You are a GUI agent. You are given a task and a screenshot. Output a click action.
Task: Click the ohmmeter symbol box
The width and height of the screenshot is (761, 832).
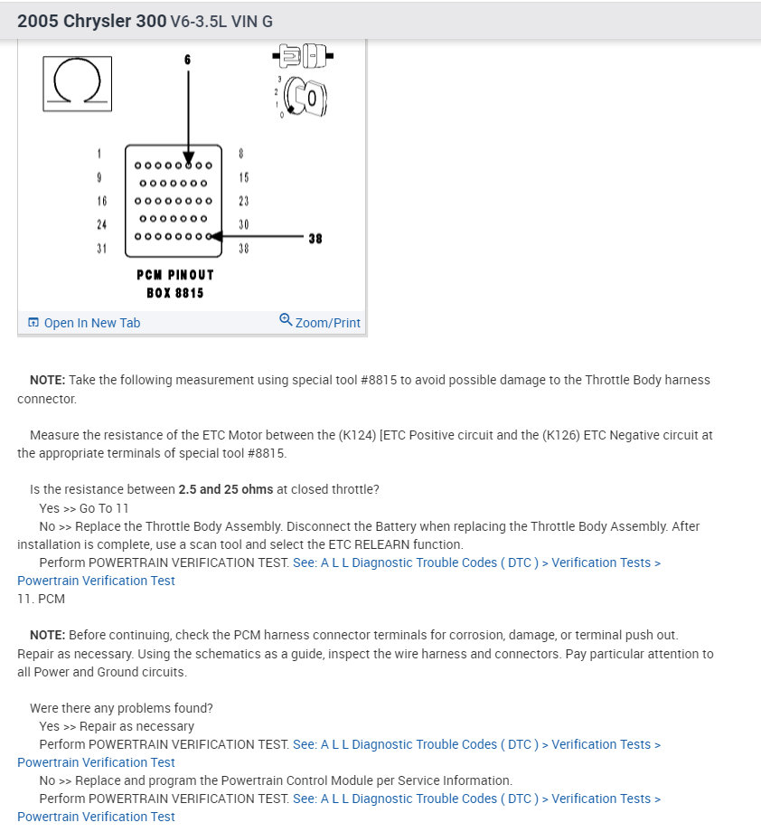[77, 84]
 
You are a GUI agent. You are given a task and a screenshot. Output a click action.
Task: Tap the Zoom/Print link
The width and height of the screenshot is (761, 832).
[320, 322]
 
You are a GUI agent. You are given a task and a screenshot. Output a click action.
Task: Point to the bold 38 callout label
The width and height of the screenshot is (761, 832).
[315, 239]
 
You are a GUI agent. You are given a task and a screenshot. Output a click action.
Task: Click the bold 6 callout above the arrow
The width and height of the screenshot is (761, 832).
[188, 60]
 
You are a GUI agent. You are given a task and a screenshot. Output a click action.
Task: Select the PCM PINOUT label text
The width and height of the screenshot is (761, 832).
[175, 275]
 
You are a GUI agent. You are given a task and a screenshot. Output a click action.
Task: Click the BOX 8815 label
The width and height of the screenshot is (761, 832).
[175, 293]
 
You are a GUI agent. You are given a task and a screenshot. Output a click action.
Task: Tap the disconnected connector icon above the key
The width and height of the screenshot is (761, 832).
[303, 55]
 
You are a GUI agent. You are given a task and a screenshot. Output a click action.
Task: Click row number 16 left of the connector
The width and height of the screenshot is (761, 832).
[101, 201]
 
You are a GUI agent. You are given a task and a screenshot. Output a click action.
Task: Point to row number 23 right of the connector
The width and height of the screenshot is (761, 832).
[243, 201]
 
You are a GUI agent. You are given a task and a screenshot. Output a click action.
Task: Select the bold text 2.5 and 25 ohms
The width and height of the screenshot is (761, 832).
[226, 489]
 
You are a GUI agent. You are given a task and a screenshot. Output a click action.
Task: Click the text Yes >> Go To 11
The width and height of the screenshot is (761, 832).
[84, 508]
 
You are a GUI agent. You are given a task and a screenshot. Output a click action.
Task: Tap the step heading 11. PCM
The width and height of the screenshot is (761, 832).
[42, 599]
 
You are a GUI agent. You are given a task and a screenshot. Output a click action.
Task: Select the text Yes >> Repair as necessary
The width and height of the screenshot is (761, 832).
[117, 726]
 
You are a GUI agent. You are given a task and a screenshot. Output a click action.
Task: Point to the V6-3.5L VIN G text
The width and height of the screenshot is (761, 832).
[221, 21]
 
